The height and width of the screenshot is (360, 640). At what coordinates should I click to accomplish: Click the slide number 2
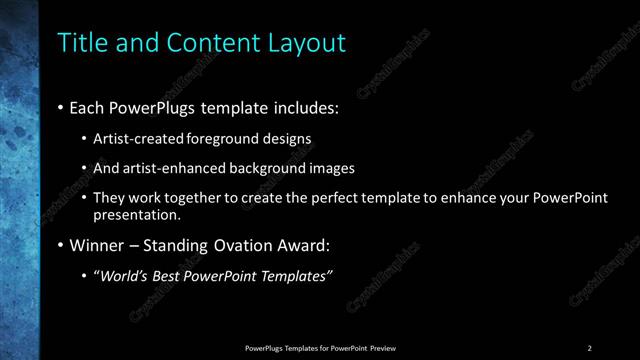590,348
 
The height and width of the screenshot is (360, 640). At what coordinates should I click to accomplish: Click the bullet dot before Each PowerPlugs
61,107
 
